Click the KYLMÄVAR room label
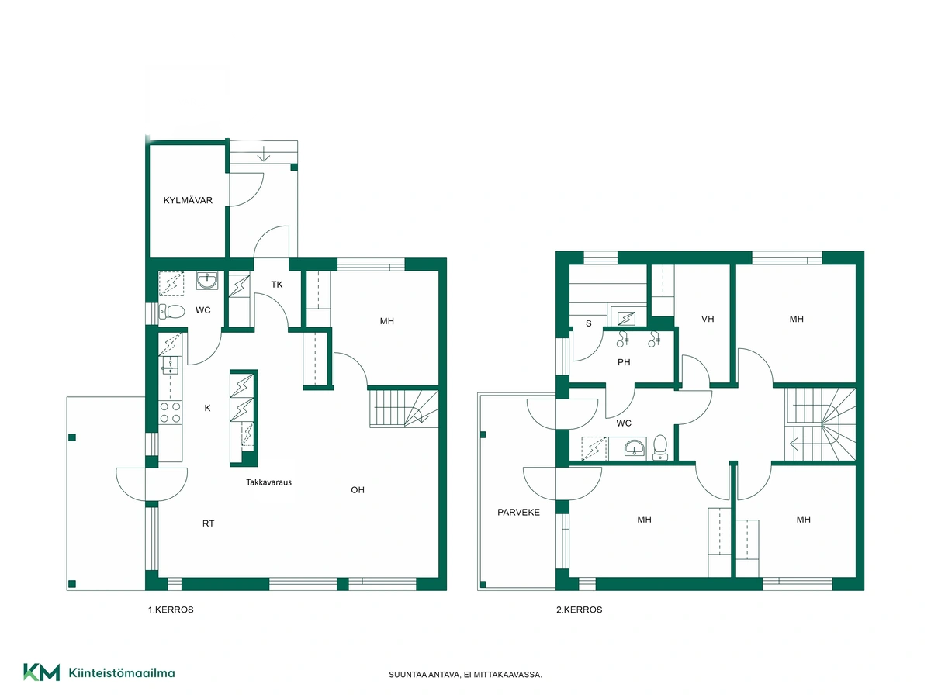[188, 200]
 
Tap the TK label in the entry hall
[277, 285]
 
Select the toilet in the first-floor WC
[171, 312]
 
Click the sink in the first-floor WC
[207, 280]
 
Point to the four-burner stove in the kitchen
[171, 413]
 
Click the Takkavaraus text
[269, 482]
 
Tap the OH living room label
[358, 490]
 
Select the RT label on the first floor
[208, 523]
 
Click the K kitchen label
[207, 408]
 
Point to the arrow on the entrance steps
[264, 154]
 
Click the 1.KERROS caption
[171, 610]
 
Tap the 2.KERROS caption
[579, 610]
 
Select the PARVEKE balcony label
[518, 512]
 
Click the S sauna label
[588, 323]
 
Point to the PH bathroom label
[624, 362]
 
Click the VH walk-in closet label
[708, 319]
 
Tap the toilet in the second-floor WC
[659, 447]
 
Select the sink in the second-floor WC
[635, 448]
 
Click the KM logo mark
[42, 672]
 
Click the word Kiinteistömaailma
[122, 672]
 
